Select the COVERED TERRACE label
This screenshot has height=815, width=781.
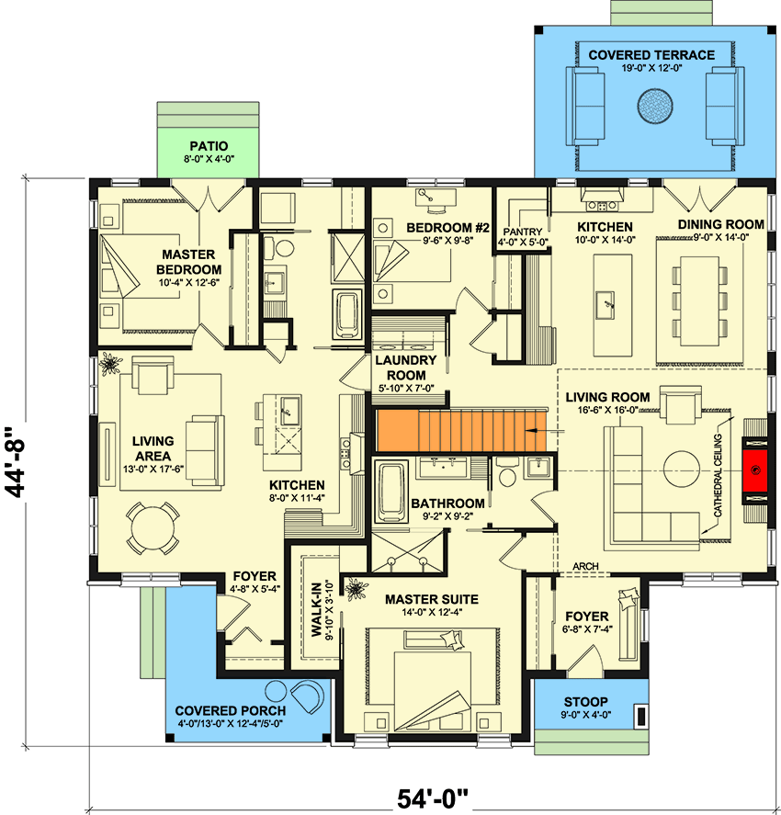[651, 55]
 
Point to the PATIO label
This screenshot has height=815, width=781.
[209, 146]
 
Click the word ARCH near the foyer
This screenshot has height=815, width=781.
[586, 567]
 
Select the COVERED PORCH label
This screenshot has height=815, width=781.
[230, 710]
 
